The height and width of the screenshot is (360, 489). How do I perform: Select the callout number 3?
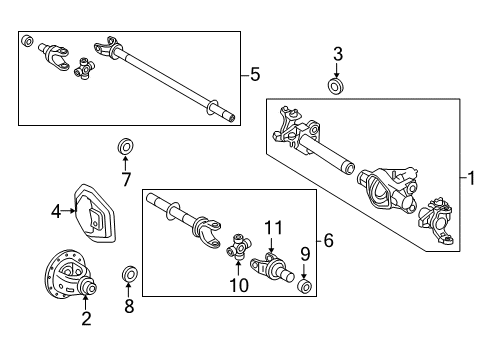click(x=338, y=53)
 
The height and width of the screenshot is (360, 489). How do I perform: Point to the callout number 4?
click(x=57, y=210)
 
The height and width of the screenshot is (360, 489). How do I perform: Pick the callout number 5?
click(x=256, y=74)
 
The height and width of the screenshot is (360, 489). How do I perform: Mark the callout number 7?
click(x=126, y=180)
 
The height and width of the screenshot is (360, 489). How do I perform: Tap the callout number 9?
click(x=306, y=254)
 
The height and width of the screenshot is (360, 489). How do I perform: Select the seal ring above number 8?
click(x=128, y=274)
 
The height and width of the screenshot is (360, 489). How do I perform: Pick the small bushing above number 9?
click(x=306, y=288)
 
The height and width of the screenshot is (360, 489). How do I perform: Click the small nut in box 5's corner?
click(x=29, y=43)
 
